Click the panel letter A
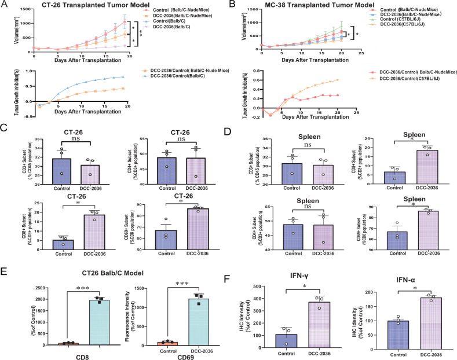(x=6, y=6)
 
